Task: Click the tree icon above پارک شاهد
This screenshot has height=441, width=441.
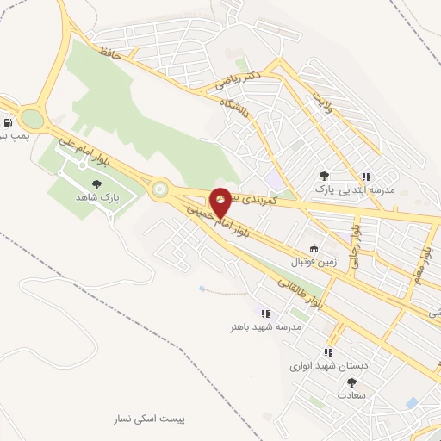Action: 96,184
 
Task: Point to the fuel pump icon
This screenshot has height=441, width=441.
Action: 8,123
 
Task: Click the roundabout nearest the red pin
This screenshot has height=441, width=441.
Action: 158,190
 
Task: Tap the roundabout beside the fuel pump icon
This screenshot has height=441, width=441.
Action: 32,118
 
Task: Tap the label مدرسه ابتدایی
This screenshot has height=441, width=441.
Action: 366,189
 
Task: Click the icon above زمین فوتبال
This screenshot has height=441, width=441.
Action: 314,248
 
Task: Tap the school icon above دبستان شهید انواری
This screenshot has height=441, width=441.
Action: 328,352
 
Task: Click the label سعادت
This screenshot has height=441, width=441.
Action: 351,394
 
